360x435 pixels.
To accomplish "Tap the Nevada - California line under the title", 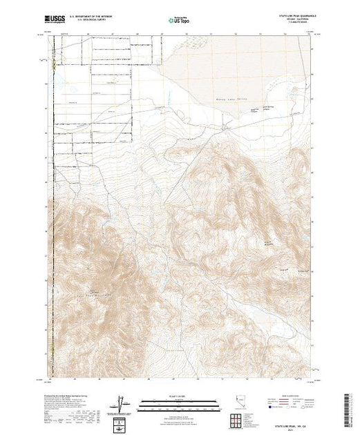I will tap(291, 20).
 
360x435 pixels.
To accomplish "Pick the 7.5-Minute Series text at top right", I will tap(291, 23).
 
